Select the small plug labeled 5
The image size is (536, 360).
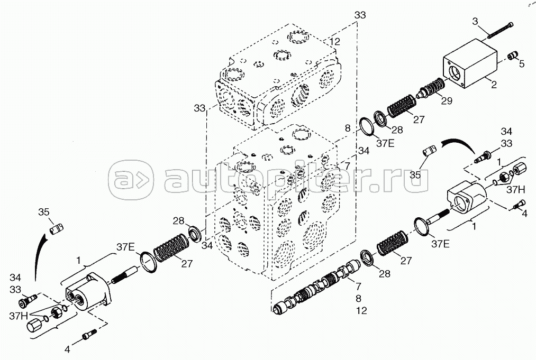512,57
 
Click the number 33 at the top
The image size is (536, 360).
360,15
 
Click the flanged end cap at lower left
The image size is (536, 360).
90,293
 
